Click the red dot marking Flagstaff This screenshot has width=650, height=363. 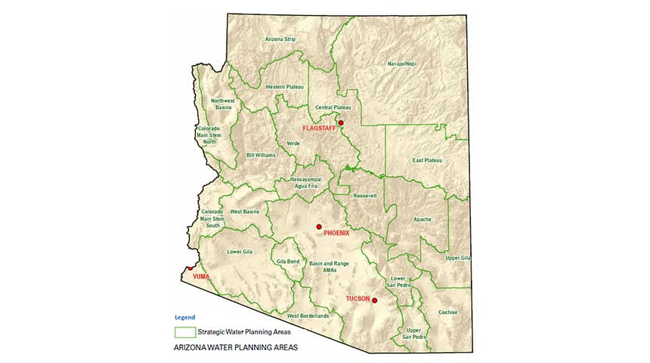coord(341,123)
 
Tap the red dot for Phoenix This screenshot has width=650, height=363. coord(319,226)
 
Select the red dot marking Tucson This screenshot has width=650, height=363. coord(374,300)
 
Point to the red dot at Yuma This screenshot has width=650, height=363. coord(190,268)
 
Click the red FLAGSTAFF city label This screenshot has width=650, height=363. coord(318,129)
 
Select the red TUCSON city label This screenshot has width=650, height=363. coord(357,299)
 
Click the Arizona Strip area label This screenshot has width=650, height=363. coord(280,39)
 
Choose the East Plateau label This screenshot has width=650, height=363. coord(427,160)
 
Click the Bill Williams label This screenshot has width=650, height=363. coord(261,155)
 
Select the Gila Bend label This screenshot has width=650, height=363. coord(289,261)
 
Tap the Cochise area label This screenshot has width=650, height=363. coord(448,312)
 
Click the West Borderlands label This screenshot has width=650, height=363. coord(308,315)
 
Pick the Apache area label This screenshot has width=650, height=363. coord(422,219)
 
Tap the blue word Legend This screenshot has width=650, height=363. coord(184,317)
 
